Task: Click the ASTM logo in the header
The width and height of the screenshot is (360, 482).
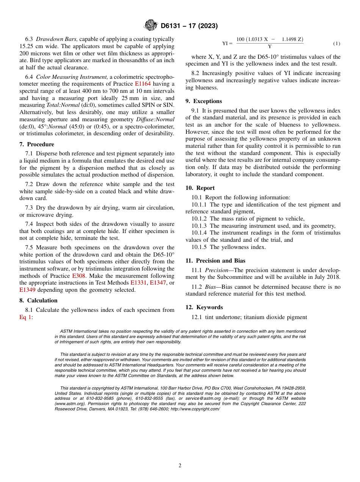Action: click(151, 26)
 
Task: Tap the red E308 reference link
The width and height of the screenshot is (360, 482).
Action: click(78, 276)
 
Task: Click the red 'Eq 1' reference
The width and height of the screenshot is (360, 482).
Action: click(25, 317)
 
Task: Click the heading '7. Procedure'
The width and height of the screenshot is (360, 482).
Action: click(37, 144)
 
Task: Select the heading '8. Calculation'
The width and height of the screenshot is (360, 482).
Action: click(38, 300)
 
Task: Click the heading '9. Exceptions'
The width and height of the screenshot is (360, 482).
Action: click(203, 101)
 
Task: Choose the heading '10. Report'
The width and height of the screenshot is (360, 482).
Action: click(200, 188)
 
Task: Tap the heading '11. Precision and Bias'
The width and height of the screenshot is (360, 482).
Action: click(215, 261)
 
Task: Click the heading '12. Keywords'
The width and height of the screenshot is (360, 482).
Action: click(204, 307)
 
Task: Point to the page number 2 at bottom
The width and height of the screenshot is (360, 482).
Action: click(180, 466)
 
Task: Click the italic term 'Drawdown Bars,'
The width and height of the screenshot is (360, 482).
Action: click(57, 39)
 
